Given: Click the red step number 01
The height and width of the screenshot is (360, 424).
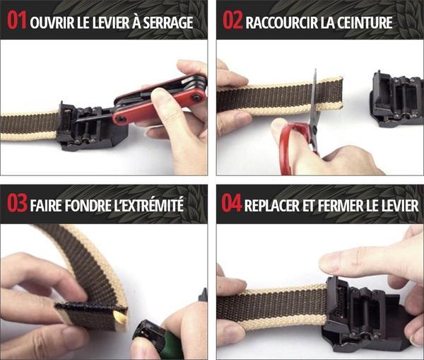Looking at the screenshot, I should pyautogui.click(x=17, y=21).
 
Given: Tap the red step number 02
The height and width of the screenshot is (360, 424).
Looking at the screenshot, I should pyautogui.click(x=232, y=21).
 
